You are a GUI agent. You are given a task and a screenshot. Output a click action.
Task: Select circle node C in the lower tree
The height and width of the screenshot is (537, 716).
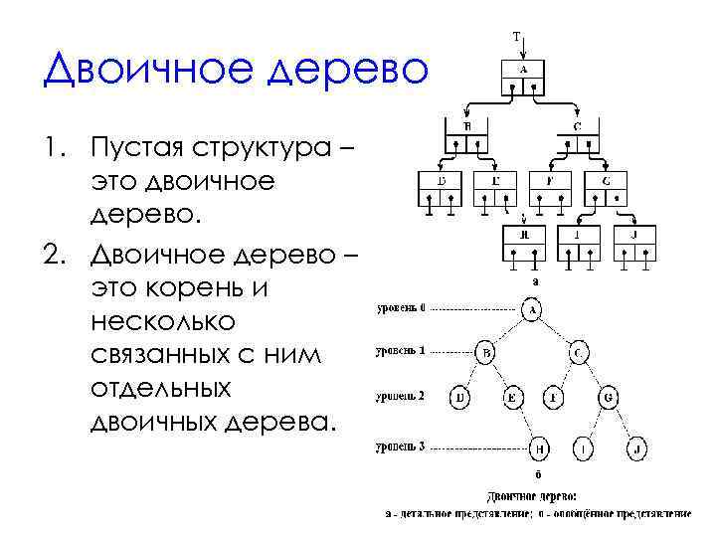pos(580,353)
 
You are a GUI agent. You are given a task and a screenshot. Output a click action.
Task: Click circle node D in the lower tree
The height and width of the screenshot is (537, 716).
pos(461,399)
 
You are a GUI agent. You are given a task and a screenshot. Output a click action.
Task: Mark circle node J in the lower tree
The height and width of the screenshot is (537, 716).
pos(637,450)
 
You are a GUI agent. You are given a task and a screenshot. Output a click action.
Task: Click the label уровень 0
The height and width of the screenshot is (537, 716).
pos(401,308)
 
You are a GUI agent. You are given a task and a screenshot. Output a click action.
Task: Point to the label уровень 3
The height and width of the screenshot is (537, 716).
pos(401,447)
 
